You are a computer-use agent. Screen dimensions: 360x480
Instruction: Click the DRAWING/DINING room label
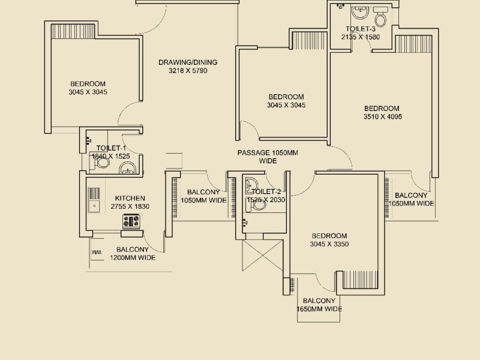pos(188,62)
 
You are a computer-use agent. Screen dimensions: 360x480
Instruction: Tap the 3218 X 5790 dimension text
pos(188,71)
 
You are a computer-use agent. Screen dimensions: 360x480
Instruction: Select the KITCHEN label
pos(130,199)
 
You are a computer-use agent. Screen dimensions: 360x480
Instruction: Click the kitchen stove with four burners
pos(131,221)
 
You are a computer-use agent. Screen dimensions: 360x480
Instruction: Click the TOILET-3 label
pos(361,29)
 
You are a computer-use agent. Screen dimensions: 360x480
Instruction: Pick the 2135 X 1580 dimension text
pos(361,37)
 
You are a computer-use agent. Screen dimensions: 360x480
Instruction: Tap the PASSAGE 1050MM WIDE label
pos(268,157)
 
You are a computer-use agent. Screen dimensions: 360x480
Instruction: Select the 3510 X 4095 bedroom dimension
pos(382,117)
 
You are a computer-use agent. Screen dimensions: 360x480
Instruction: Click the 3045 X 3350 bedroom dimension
pos(329,244)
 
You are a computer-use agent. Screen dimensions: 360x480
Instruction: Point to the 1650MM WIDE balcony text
pos(319,309)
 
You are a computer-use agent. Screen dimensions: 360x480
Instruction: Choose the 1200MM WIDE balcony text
pos(133,258)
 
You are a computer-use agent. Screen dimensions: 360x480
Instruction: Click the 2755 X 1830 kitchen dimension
pos(130,206)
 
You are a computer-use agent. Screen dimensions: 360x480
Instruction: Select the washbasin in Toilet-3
pos(361,13)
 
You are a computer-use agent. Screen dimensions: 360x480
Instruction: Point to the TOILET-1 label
pos(111,148)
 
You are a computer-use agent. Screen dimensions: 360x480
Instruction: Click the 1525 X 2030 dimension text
pos(266,200)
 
